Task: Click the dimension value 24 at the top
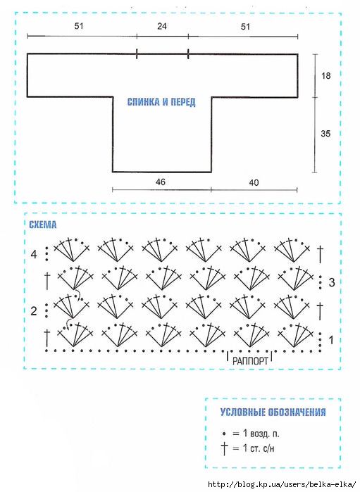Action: (x=162, y=26)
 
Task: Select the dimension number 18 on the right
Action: (x=325, y=75)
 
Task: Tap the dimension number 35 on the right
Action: (x=325, y=134)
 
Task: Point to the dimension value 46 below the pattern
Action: (x=160, y=182)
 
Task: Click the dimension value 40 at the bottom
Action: (x=254, y=182)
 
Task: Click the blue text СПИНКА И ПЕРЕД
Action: (x=161, y=102)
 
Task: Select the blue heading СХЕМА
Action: (x=43, y=225)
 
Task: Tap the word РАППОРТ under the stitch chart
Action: (x=250, y=361)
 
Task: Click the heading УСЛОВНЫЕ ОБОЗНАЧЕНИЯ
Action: (x=273, y=412)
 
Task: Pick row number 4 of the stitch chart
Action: (x=34, y=254)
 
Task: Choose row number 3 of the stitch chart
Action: (x=332, y=282)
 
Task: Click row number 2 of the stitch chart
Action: (x=34, y=311)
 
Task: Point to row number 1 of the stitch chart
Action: (x=331, y=340)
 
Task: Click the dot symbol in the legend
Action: (x=224, y=434)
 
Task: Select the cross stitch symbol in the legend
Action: (x=224, y=448)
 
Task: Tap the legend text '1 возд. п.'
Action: (x=261, y=434)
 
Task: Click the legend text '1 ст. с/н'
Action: (x=259, y=448)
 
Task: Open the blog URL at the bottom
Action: (x=283, y=485)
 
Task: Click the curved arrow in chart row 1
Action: (x=67, y=324)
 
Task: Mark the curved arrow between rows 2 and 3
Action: (x=77, y=295)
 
